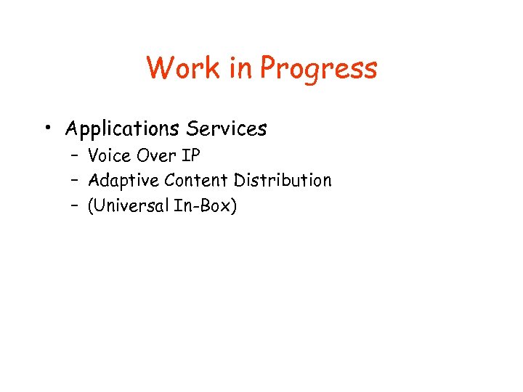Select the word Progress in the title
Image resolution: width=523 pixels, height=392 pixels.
click(x=319, y=70)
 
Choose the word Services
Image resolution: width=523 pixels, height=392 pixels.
click(x=226, y=129)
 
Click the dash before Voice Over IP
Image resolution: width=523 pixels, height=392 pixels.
click(x=75, y=156)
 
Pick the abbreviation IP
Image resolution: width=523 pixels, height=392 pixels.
click(x=190, y=155)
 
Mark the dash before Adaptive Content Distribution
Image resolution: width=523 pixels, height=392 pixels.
click(x=75, y=181)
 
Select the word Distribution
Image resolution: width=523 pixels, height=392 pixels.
click(x=283, y=180)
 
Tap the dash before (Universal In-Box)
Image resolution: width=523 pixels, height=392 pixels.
click(x=75, y=206)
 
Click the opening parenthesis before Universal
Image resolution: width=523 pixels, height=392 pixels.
click(x=90, y=207)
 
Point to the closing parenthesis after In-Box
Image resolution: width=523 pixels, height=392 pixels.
click(x=233, y=207)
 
